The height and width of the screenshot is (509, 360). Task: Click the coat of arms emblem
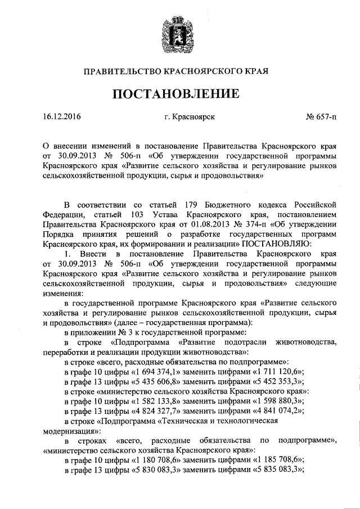pyautogui.click(x=179, y=35)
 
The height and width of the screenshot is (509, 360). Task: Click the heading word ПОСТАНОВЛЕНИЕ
pyautogui.click(x=179, y=93)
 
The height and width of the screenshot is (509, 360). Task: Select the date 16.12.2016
pyautogui.click(x=61, y=118)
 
